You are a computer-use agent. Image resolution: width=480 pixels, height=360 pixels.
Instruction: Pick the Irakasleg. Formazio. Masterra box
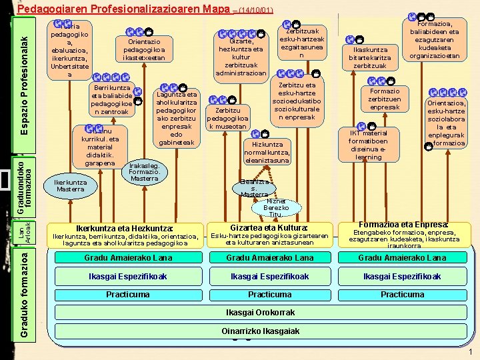[144, 171]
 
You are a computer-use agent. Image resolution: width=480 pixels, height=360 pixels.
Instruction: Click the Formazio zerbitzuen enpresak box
[385, 99]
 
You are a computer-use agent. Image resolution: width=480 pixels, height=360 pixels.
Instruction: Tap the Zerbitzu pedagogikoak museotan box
[229, 117]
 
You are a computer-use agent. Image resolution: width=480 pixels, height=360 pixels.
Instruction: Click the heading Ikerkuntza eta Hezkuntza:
[125, 227]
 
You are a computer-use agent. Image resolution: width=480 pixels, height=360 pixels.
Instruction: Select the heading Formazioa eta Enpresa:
[403, 225]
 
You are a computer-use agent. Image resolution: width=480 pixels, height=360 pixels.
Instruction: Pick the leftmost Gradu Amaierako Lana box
[128, 258]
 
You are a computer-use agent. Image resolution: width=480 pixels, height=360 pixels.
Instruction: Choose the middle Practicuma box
[269, 294]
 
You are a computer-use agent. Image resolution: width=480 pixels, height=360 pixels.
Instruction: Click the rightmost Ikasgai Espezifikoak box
[403, 276]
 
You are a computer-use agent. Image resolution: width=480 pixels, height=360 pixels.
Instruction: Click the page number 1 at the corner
[471, 353]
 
